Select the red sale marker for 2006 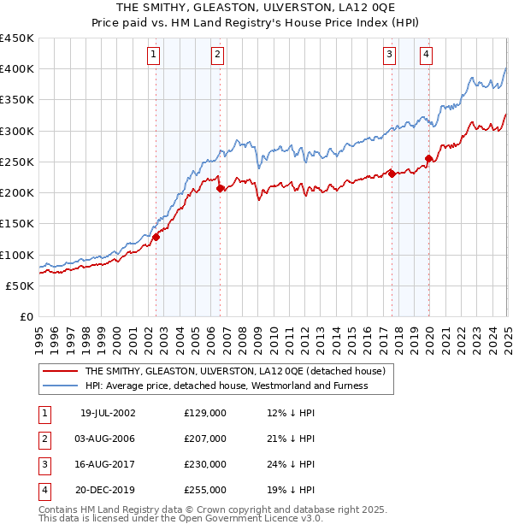click(x=220, y=188)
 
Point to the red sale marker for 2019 click(x=428, y=158)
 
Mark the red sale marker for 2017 click(x=392, y=174)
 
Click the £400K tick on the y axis click(x=16, y=69)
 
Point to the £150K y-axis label click(x=16, y=224)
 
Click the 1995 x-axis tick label click(x=38, y=334)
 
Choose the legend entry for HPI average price click(x=226, y=386)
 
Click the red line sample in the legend click(x=59, y=372)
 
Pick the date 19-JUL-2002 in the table click(x=108, y=414)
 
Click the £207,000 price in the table click(x=205, y=439)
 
